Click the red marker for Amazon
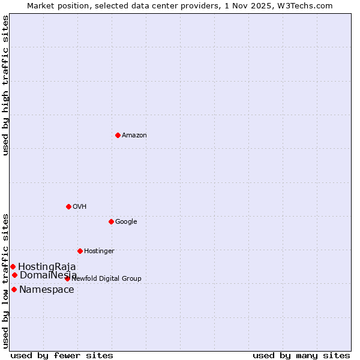click(x=118, y=135)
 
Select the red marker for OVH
click(x=68, y=206)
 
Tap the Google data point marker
click(x=111, y=221)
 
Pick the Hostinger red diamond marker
click(x=80, y=251)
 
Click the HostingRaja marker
click(x=13, y=266)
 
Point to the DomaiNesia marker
click(x=14, y=275)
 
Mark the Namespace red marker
click(x=14, y=289)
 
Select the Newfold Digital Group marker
click(x=67, y=278)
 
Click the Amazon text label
click(x=134, y=136)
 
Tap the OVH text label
click(x=80, y=207)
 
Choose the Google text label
click(x=126, y=222)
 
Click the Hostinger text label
click(x=99, y=251)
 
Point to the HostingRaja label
click(x=47, y=267)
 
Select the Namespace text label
click(x=47, y=290)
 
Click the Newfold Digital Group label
click(x=107, y=279)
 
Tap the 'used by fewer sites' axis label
click(x=62, y=356)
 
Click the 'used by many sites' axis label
click(x=301, y=356)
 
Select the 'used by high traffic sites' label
click(x=5, y=85)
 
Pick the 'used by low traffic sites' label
click(x=5, y=281)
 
